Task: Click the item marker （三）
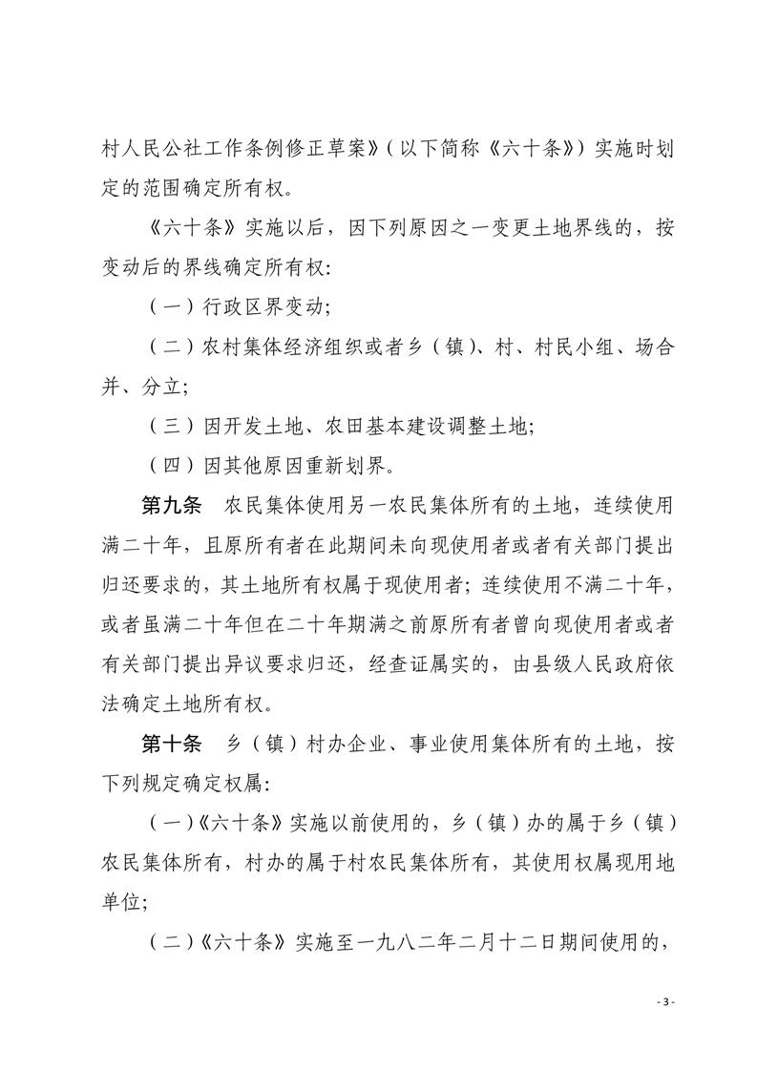168,428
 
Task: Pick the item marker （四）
168,467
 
